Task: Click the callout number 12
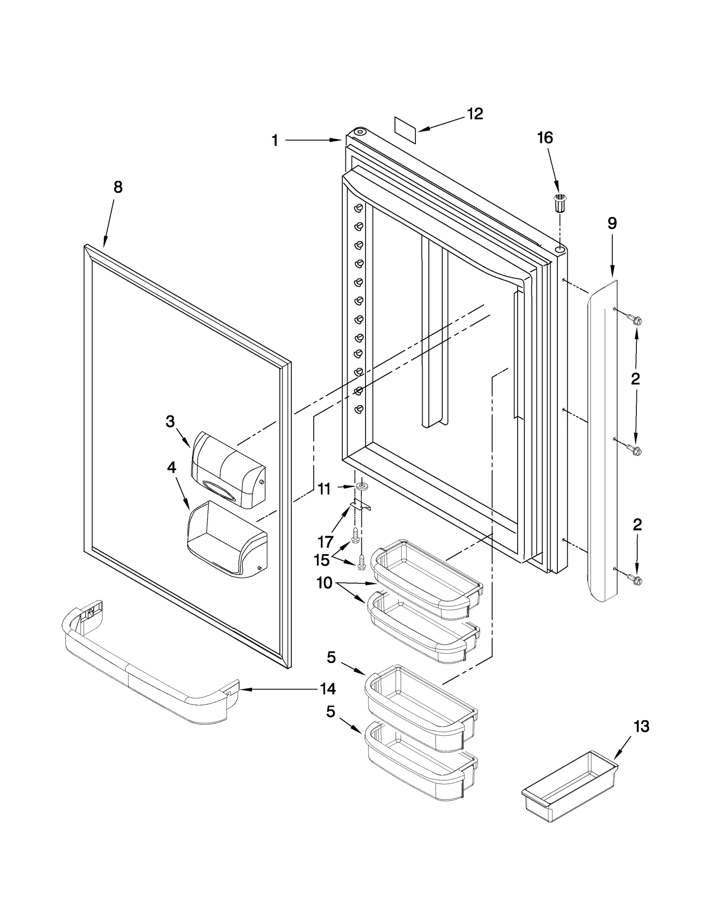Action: coord(475,114)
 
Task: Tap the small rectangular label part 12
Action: coord(405,130)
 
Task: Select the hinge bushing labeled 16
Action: coord(559,205)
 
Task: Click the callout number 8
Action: coord(118,187)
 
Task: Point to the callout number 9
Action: coord(612,223)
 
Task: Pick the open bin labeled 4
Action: coord(227,541)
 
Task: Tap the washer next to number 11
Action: coord(360,485)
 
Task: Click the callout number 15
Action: coord(322,559)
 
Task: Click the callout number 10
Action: coord(324,583)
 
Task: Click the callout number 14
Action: coord(328,689)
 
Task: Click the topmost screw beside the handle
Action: coord(634,319)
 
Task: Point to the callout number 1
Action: coord(275,141)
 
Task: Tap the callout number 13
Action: coord(641,727)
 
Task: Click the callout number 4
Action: coord(171,468)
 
